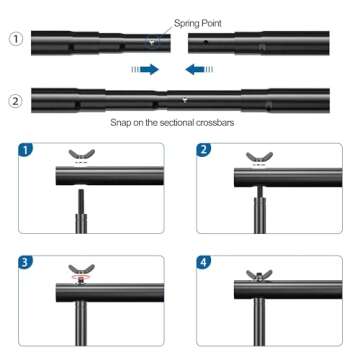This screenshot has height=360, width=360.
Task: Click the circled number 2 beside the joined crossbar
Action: pos(14,101)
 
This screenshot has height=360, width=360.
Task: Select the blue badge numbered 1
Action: pos(27,151)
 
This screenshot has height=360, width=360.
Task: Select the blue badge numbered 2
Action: pos(205,151)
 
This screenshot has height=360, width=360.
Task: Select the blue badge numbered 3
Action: pos(27,265)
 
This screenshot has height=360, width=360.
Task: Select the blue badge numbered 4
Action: pos(205,265)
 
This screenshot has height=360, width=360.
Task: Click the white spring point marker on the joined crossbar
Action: pos(183,100)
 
